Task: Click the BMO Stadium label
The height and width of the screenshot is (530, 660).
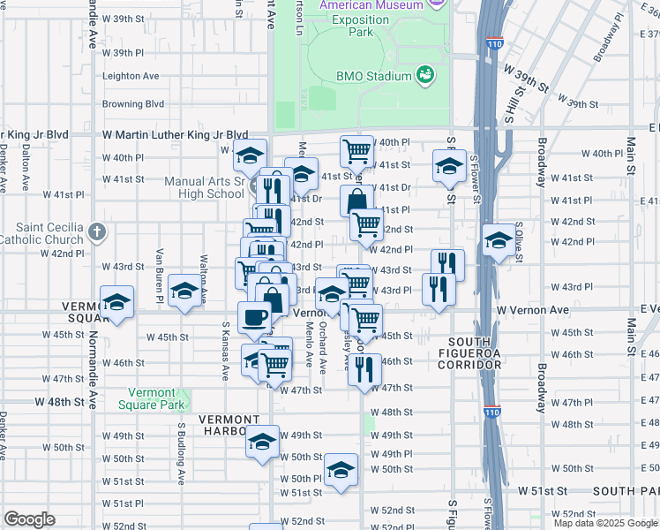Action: tap(373, 76)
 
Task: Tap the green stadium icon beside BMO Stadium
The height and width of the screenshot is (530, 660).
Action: tap(426, 75)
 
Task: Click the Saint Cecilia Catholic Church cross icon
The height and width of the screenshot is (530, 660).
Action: tap(97, 233)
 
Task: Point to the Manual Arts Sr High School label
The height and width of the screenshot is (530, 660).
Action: tap(205, 188)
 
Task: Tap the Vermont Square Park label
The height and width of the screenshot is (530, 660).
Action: tap(158, 399)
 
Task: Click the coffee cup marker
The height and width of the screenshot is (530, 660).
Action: tap(255, 318)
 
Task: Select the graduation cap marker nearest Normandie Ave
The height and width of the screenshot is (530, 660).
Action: tap(116, 302)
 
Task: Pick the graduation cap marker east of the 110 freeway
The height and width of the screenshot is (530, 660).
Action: tap(499, 241)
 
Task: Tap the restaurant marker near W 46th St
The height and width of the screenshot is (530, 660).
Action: tap(364, 370)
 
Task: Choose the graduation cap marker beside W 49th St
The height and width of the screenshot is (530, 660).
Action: tap(262, 442)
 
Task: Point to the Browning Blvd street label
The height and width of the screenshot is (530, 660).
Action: tap(133, 103)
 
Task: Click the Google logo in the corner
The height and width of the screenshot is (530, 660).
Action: tap(29, 519)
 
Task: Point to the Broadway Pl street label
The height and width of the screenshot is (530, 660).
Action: tap(608, 41)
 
